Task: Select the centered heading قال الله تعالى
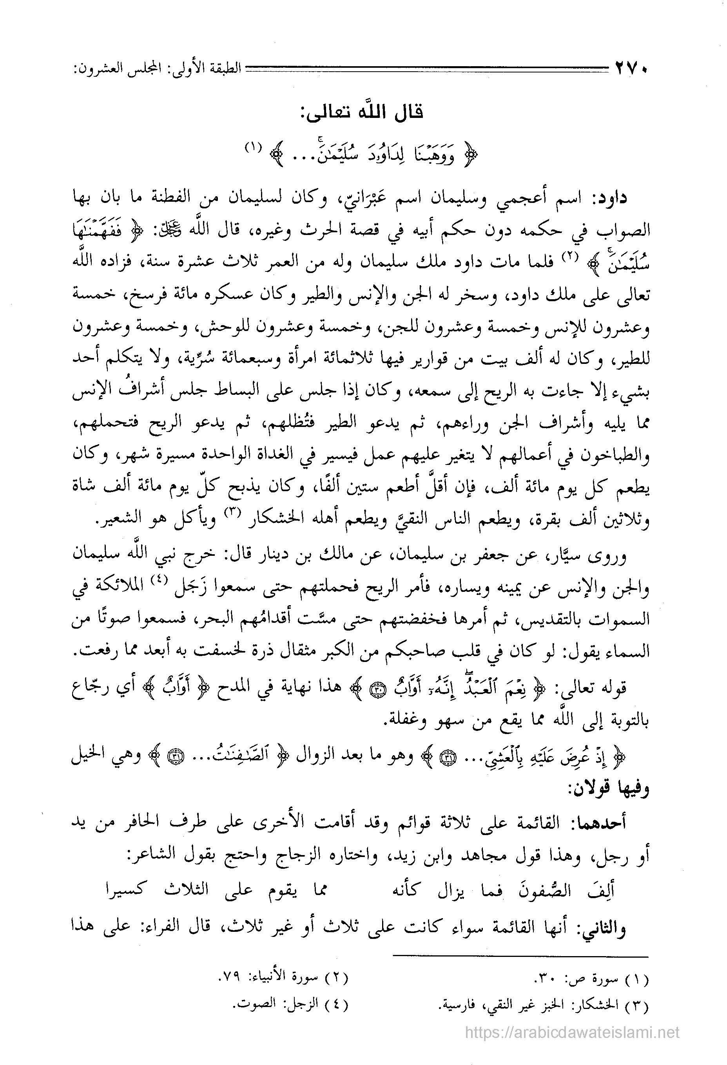364,113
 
